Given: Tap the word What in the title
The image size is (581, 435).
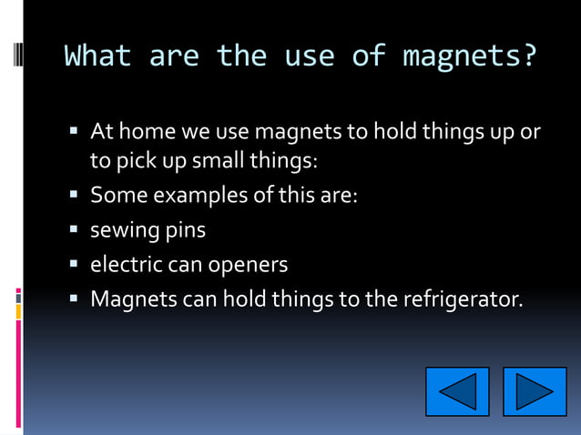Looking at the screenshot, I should click(x=97, y=56).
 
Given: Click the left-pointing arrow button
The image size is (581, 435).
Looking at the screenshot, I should click(x=457, y=392).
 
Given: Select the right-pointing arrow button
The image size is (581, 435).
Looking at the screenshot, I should click(x=535, y=392).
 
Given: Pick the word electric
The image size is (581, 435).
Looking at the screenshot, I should click(x=126, y=265).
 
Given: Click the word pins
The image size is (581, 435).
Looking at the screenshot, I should click(x=185, y=230).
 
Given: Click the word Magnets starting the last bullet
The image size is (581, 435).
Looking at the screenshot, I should click(x=134, y=299).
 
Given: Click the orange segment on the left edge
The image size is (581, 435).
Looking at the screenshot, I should click(x=18, y=310).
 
